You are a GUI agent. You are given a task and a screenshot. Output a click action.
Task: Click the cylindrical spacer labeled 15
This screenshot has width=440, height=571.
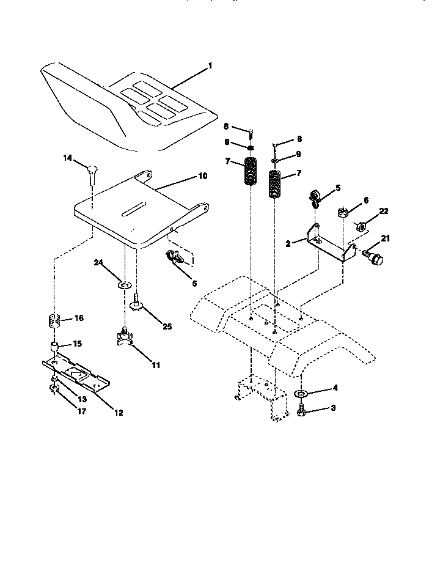click(x=55, y=348)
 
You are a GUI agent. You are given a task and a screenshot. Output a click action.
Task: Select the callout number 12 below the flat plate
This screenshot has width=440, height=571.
click(x=119, y=413)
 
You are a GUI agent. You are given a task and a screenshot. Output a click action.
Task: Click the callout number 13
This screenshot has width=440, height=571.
click(x=81, y=399)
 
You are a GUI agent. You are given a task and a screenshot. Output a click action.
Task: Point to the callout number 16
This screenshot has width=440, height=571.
click(x=79, y=319)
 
